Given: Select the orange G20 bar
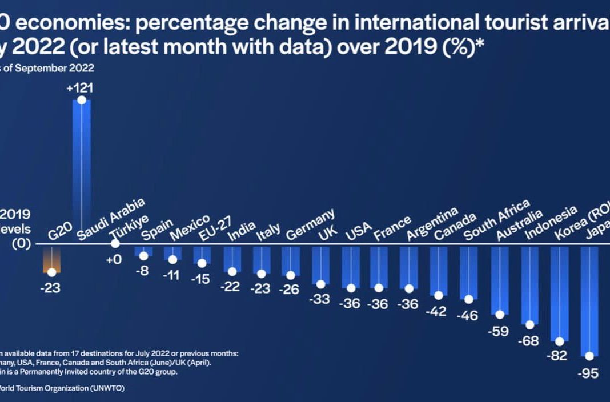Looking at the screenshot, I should pos(52,260).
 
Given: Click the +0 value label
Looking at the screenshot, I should pos(114,260).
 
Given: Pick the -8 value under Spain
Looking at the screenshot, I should pos(142,270).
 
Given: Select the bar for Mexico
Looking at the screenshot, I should pos(172,253).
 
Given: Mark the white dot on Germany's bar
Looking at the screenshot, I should pos(291,275).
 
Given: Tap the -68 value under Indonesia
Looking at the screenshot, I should pos(528,340).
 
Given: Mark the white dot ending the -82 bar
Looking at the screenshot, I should pos(559,341).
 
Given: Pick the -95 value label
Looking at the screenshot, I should pos(588,373).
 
